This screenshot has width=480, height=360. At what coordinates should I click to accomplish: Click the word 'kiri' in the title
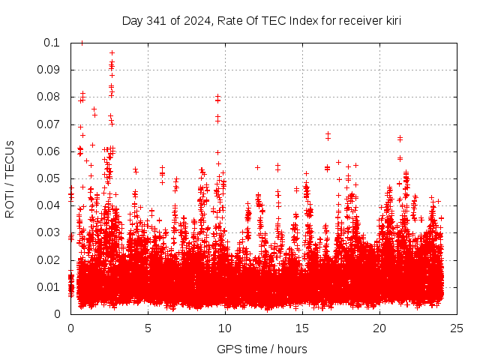391,21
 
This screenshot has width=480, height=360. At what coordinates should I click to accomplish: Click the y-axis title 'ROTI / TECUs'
10,178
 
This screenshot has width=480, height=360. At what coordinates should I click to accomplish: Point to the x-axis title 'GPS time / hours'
262,349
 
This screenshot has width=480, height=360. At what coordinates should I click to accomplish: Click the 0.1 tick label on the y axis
53,43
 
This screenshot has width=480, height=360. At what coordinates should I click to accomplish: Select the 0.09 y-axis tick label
50,70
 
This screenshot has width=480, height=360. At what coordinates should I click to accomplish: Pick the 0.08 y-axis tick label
50,97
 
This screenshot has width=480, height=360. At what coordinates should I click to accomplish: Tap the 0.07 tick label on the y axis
50,124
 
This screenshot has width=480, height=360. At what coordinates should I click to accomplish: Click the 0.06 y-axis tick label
50,151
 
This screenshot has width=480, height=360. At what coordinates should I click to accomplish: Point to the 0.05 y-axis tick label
50,178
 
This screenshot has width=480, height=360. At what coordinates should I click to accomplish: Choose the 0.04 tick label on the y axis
50,205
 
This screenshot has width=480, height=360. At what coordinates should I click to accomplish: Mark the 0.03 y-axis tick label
50,232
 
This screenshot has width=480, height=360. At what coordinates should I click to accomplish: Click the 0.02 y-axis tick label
50,260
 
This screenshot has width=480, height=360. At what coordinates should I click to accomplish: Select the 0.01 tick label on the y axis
50,287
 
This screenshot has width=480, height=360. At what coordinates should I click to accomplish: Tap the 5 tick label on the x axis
148,328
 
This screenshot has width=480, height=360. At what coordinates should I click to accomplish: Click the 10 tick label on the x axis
225,328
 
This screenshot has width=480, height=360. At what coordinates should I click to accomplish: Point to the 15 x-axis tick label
302,328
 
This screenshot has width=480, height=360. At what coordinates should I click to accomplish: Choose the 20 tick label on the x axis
379,328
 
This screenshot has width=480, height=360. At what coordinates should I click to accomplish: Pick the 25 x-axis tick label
457,328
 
